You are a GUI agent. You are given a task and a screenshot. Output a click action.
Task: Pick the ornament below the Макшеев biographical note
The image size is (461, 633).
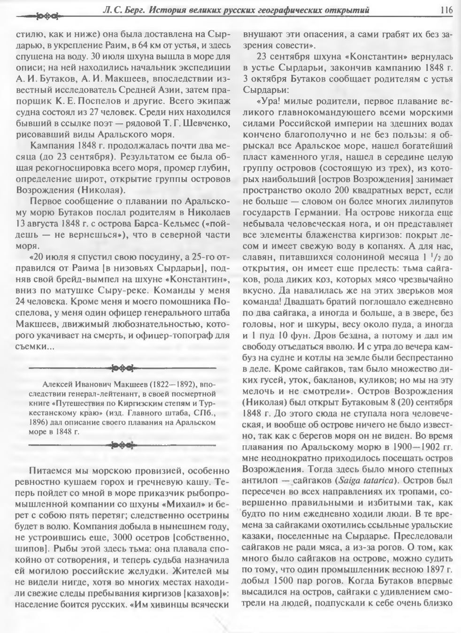coord(123,444)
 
